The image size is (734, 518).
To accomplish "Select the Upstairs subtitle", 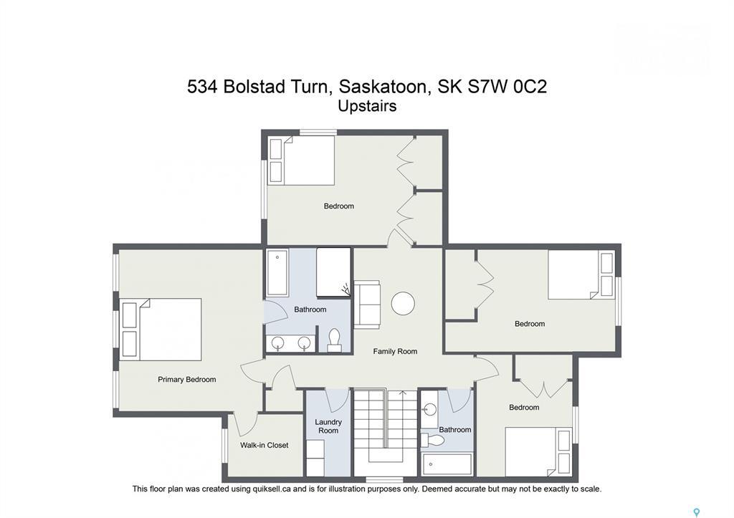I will point(367,106).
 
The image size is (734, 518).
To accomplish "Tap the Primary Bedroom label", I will point(186,380).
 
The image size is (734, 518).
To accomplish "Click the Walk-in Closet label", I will point(264,445).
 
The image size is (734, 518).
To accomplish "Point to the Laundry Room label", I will point(328,426).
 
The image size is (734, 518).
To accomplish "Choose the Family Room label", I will point(395,351).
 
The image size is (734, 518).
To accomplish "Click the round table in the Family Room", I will point(403,303).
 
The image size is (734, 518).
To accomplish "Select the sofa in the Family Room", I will point(367,304).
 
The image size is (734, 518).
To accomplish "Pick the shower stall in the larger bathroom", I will point(333,272).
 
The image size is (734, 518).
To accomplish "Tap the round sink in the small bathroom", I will point(429,410).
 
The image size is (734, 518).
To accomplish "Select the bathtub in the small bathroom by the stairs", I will point(447,464).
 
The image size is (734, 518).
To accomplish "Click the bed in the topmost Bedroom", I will point(301,160).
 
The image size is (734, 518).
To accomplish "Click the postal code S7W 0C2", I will point(511,87).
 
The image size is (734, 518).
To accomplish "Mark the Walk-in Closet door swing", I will point(248,423).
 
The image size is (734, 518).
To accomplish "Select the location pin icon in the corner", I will point(696,512).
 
